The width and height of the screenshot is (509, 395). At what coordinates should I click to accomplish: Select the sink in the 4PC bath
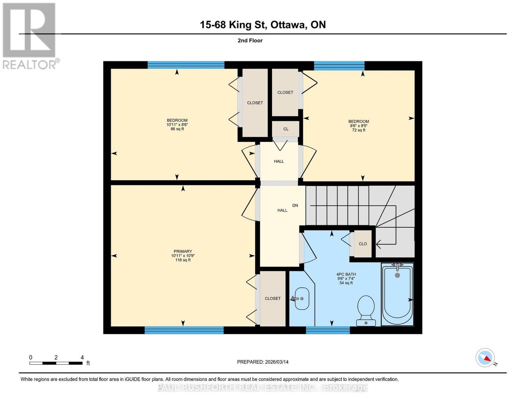[x=302, y=299]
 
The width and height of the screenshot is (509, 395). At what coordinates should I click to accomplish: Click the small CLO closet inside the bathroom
[x=363, y=244]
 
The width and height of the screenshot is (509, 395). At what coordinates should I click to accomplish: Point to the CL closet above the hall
[x=286, y=129]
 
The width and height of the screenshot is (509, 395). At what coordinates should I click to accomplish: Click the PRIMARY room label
[x=183, y=251]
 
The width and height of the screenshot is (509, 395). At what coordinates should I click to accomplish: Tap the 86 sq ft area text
[x=177, y=129]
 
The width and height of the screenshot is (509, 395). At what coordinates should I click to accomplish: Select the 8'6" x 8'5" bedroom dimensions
[x=359, y=126]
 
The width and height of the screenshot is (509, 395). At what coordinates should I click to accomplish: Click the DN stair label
[x=295, y=205]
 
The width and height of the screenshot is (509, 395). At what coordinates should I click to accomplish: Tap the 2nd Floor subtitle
[x=250, y=40]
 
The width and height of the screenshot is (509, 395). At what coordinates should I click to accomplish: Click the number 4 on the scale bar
[x=82, y=358]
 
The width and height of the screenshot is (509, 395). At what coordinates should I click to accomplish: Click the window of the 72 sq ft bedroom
[x=339, y=66]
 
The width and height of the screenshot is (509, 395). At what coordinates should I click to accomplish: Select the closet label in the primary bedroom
[x=272, y=298]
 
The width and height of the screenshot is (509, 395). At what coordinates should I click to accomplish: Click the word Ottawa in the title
[x=289, y=25]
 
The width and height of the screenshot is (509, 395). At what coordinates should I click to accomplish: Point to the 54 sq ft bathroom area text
[x=346, y=283]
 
